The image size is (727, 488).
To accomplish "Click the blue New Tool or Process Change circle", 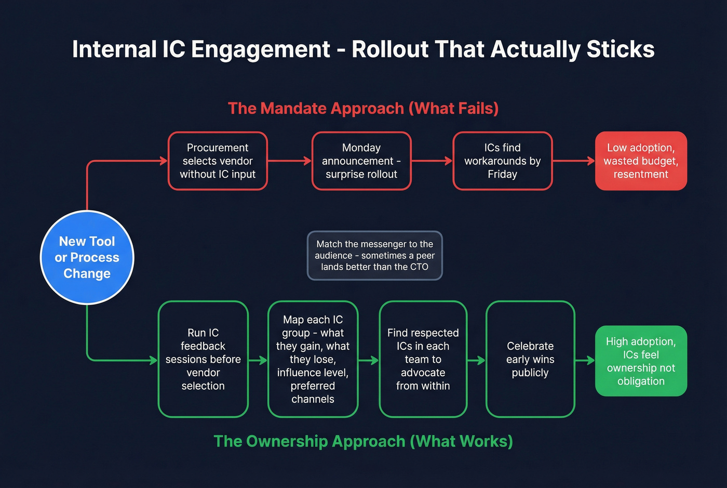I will [x=87, y=257].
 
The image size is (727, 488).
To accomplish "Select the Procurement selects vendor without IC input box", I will [x=218, y=161].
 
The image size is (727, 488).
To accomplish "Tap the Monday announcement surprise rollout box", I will [x=361, y=161].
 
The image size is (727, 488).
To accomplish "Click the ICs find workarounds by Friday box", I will [x=502, y=161].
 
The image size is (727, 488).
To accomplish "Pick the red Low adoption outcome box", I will [x=641, y=161].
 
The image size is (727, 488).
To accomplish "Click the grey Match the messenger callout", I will [x=374, y=256].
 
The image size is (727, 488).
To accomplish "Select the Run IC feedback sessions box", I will [x=203, y=359].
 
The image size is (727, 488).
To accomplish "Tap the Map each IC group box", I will [x=313, y=359].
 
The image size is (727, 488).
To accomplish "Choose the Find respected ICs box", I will [x=423, y=359].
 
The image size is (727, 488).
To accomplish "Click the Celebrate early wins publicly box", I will [x=530, y=359].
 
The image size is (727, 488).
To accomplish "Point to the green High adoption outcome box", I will [x=641, y=361].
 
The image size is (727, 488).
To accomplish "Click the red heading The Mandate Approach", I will [x=363, y=108].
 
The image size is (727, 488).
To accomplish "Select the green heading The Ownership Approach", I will [x=363, y=441].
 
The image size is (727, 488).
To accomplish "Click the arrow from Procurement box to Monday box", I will [x=289, y=161].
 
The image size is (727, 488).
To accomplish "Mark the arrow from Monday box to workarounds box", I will [x=432, y=161].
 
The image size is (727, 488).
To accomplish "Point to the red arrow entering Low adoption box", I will [x=573, y=161].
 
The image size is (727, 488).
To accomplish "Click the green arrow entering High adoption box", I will [x=585, y=360].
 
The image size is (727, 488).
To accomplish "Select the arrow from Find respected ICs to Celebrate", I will [x=476, y=360].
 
